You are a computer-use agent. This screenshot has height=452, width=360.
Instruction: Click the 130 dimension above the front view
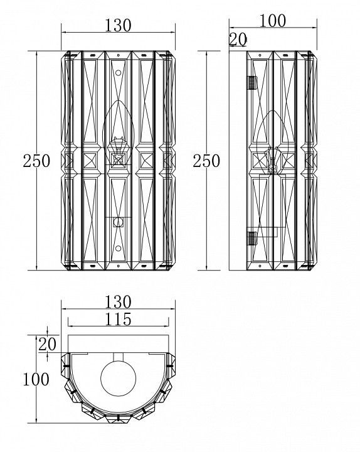tap(118, 25)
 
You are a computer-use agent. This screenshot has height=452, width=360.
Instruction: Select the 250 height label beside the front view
tap(36, 161)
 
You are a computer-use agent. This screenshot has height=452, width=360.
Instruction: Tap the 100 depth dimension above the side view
tap(273, 21)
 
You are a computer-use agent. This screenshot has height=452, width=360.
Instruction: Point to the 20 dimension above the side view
tap(238, 40)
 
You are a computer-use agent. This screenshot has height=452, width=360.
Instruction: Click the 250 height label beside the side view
tap(206, 161)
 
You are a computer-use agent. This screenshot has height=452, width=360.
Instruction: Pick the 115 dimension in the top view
tap(118, 319)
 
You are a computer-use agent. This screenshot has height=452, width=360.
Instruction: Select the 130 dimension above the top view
tap(118, 302)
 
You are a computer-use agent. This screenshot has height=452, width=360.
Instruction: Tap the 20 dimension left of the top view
tap(47, 344)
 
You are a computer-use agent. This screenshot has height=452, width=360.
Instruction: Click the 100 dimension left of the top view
tap(36, 379)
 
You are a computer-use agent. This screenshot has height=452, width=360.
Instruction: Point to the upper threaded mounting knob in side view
tap(252, 83)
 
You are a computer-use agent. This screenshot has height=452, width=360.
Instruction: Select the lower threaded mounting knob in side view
tap(252, 238)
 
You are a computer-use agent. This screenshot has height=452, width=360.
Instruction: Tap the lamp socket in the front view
tap(118, 152)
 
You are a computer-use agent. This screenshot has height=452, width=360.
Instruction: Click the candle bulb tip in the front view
tap(118, 101)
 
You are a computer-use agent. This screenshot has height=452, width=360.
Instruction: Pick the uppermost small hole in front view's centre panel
tap(118, 55)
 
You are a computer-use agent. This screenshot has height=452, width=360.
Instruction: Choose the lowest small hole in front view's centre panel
tap(118, 266)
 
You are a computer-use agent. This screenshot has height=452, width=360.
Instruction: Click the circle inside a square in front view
tap(118, 222)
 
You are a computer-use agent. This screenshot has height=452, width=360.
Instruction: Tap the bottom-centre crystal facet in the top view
tap(118, 417)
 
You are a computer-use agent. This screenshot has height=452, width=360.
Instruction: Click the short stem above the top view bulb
tap(118, 357)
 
